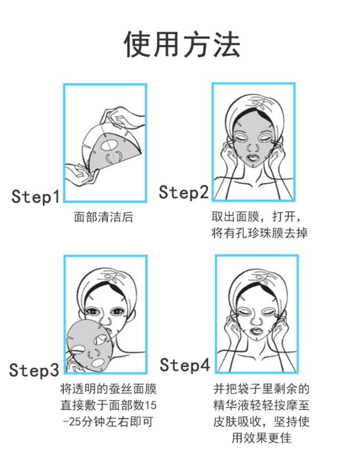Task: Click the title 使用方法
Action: point(182,45)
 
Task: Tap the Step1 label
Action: point(35,196)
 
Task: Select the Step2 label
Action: point(183,192)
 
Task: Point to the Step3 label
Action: point(34,370)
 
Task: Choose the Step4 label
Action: point(185,365)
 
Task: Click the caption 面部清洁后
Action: point(104,217)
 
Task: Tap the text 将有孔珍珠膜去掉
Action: point(259,233)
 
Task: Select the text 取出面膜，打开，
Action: point(256,217)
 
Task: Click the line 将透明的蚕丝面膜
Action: point(108,389)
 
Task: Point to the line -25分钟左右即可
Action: point(108,422)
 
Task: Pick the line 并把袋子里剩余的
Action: point(261,389)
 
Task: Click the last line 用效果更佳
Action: point(262,438)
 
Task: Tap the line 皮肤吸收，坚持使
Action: point(261,422)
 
